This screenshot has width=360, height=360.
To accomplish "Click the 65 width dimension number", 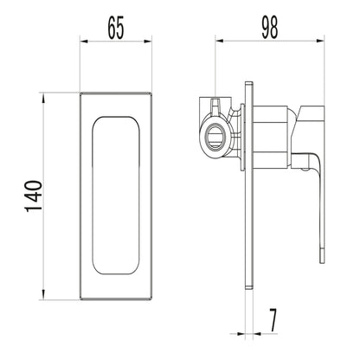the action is tap(116, 28).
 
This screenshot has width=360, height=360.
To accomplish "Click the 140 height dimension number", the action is tap(34, 196).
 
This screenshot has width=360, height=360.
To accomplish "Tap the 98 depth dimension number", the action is tap(270, 28).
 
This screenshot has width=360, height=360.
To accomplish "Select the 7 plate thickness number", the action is tap(273, 320).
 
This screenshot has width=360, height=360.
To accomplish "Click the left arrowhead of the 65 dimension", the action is tap(84, 42).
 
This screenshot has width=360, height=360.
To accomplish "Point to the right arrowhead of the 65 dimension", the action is tap(148, 42).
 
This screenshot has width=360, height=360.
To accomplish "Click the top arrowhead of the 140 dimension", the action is tap(43, 98).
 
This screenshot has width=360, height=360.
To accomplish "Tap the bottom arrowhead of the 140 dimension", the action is tap(43, 295).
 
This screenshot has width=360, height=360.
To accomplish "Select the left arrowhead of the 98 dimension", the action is tap(220, 42).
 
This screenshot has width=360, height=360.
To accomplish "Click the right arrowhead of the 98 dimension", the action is tap(320, 42).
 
